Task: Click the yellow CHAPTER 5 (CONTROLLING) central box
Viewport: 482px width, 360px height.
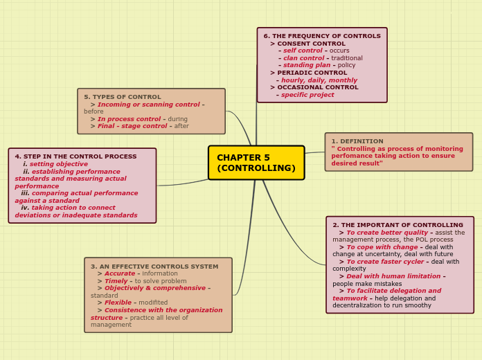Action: (256, 163)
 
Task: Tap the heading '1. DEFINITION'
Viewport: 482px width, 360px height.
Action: (357, 141)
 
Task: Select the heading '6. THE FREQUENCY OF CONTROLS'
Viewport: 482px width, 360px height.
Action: (322, 36)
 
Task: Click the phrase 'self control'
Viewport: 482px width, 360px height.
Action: (303, 51)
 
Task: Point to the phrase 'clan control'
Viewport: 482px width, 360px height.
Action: (304, 57)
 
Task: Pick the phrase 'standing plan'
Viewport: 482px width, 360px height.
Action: (307, 65)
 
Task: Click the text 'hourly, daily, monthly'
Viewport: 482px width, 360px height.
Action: (319, 80)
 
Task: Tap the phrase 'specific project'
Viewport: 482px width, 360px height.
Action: (307, 95)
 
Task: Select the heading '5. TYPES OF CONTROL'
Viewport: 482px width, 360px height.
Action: (123, 97)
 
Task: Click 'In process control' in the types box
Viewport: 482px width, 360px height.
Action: (129, 119)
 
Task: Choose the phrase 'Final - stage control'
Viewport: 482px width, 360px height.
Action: (132, 126)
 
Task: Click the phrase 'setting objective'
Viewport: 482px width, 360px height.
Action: (59, 164)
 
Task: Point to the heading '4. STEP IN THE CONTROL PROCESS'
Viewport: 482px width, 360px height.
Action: (75, 156)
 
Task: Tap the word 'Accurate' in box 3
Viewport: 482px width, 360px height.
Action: (120, 273)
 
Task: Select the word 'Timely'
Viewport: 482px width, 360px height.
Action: (116, 281)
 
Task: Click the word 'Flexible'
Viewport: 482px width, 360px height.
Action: (118, 303)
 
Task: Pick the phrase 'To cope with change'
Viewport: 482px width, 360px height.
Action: (382, 247)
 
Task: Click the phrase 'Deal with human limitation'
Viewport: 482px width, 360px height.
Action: (393, 276)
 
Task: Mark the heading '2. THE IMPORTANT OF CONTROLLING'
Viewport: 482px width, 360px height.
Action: (398, 225)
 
